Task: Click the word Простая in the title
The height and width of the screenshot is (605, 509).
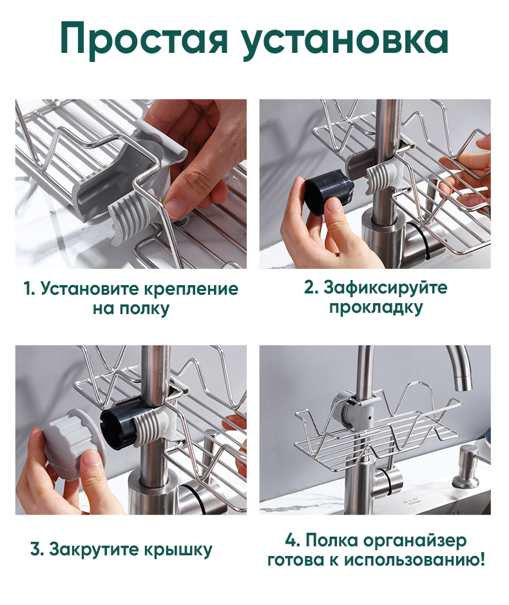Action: point(144,39)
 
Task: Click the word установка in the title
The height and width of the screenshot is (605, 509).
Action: point(345,41)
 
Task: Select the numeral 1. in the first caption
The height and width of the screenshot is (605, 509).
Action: point(29,288)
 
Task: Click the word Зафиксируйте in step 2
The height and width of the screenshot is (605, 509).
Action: point(385,288)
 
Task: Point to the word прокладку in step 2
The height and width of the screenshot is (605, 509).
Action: point(376,308)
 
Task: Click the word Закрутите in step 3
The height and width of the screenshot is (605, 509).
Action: point(95,549)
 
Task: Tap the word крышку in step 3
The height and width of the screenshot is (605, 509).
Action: point(178,550)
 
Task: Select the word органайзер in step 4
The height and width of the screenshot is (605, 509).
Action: point(414,541)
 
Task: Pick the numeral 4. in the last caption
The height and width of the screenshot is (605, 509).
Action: point(293,540)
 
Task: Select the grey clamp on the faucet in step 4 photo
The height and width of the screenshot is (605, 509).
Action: point(355,410)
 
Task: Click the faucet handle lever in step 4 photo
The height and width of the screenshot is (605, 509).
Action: point(388,482)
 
